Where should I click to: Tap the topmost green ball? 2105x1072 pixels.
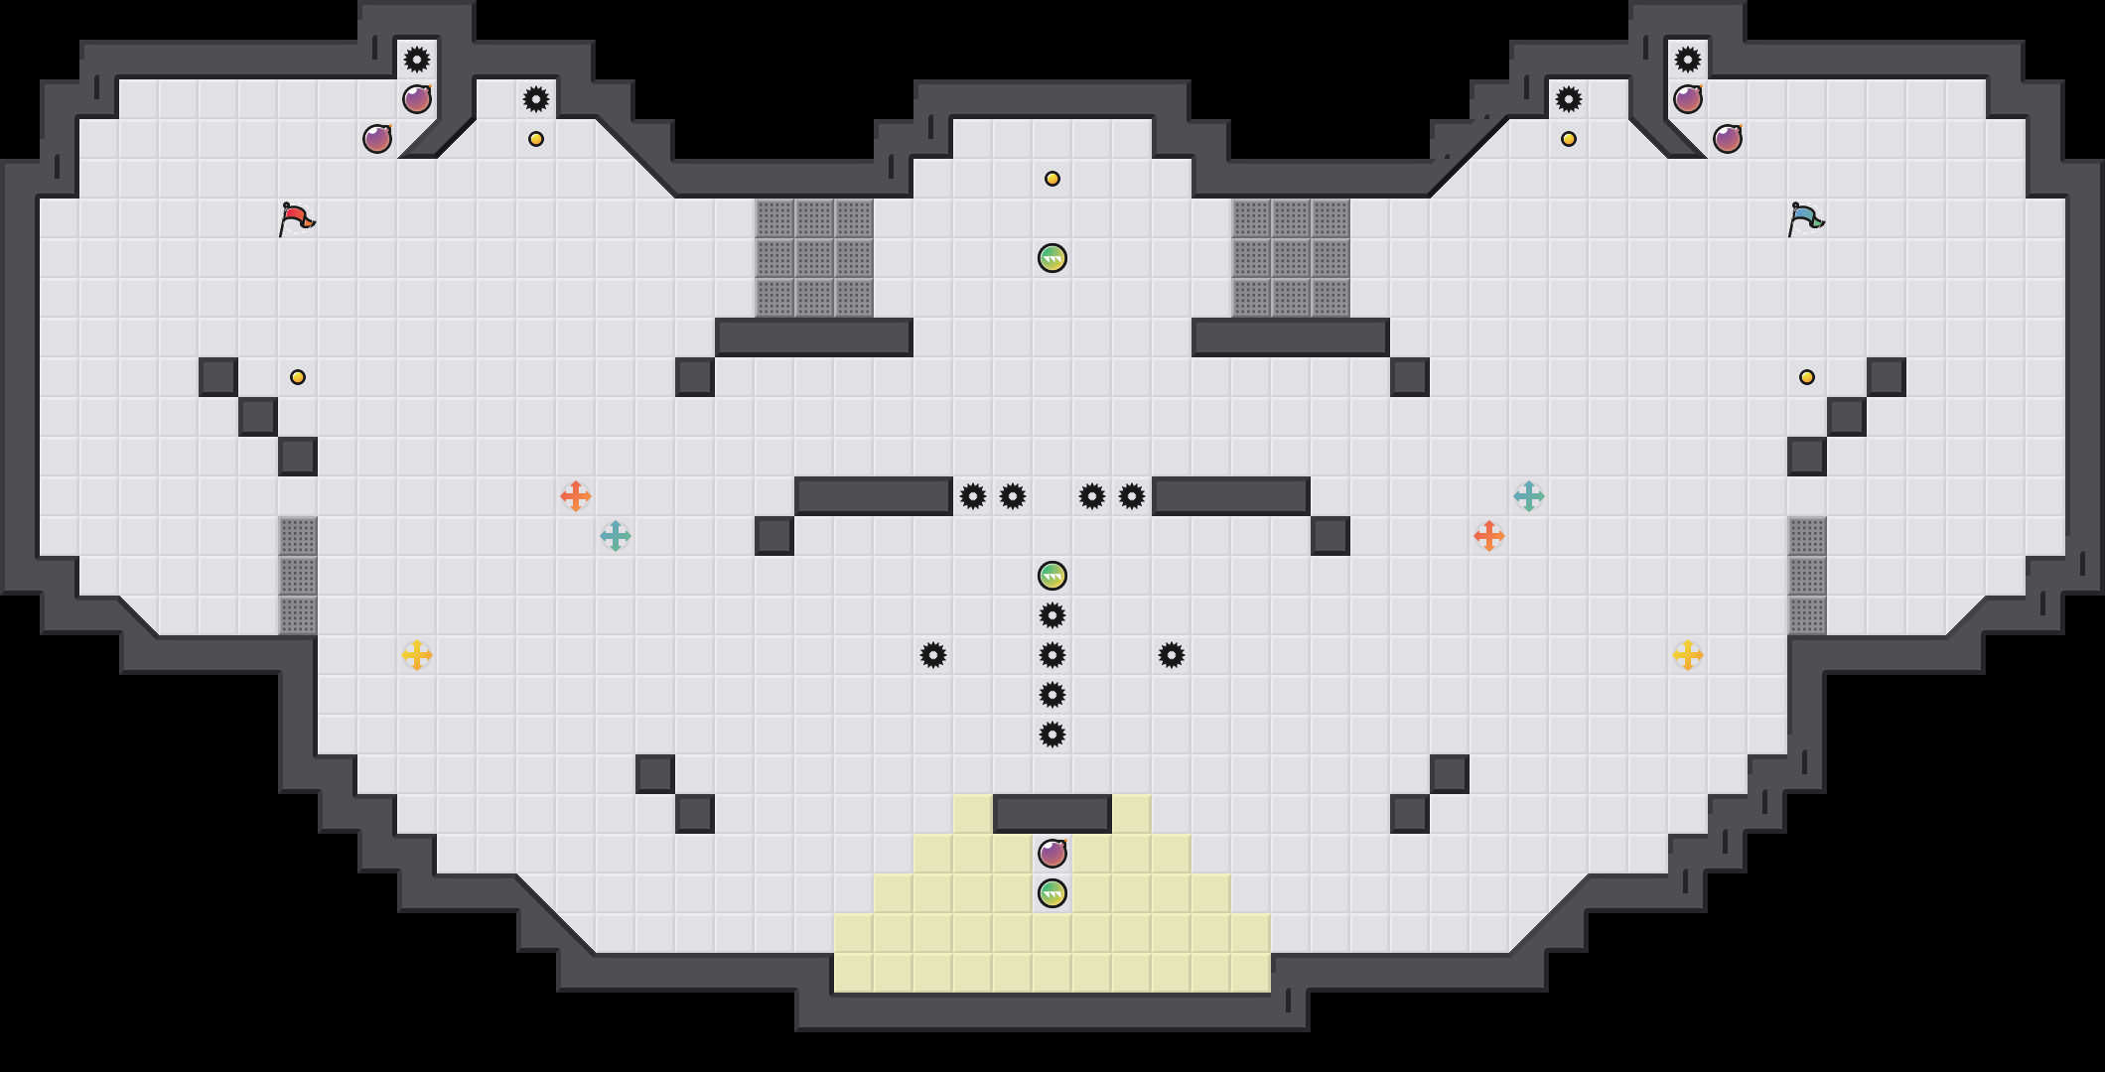point(1052,258)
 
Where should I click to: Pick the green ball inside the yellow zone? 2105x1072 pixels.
point(1052,893)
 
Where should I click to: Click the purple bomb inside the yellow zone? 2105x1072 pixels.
point(1052,854)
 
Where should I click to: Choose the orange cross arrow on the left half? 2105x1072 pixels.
point(576,496)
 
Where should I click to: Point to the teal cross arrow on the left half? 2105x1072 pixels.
point(616,536)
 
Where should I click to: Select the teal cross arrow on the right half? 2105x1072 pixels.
point(1529,496)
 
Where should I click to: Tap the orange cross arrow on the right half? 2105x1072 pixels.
point(1489,536)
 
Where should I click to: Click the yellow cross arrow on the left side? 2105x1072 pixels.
point(417,655)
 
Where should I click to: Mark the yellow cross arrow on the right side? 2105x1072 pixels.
point(1688,655)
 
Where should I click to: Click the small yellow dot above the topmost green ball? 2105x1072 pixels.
point(1052,179)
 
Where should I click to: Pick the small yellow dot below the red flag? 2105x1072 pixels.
point(298,377)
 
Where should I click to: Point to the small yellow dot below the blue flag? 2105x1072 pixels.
point(1807,377)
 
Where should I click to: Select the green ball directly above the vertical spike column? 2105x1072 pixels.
point(1052,576)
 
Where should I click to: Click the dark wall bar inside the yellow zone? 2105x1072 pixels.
point(1052,814)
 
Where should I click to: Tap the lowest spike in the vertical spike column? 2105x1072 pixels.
point(1052,735)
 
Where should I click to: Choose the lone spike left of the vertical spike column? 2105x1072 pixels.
point(933,655)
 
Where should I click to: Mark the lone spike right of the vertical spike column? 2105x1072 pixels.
point(1172,655)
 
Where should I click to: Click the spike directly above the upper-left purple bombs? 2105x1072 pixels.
point(417,60)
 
